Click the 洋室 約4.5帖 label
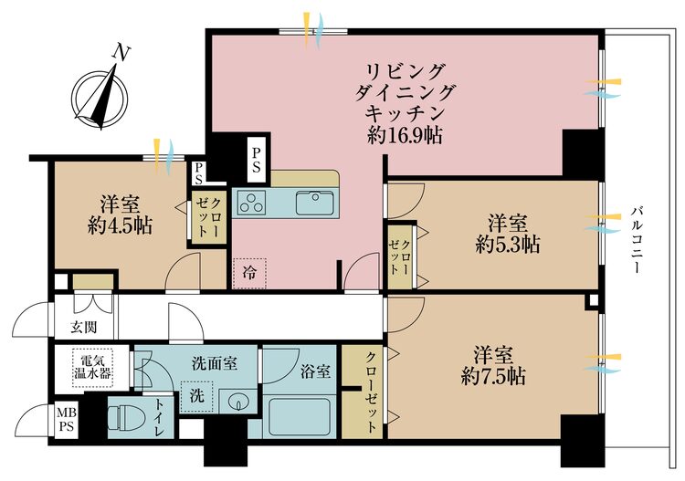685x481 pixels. tap(121, 214)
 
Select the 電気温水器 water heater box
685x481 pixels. tap(91, 366)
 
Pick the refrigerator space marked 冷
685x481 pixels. tap(249, 272)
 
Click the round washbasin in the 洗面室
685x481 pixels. tap(239, 401)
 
